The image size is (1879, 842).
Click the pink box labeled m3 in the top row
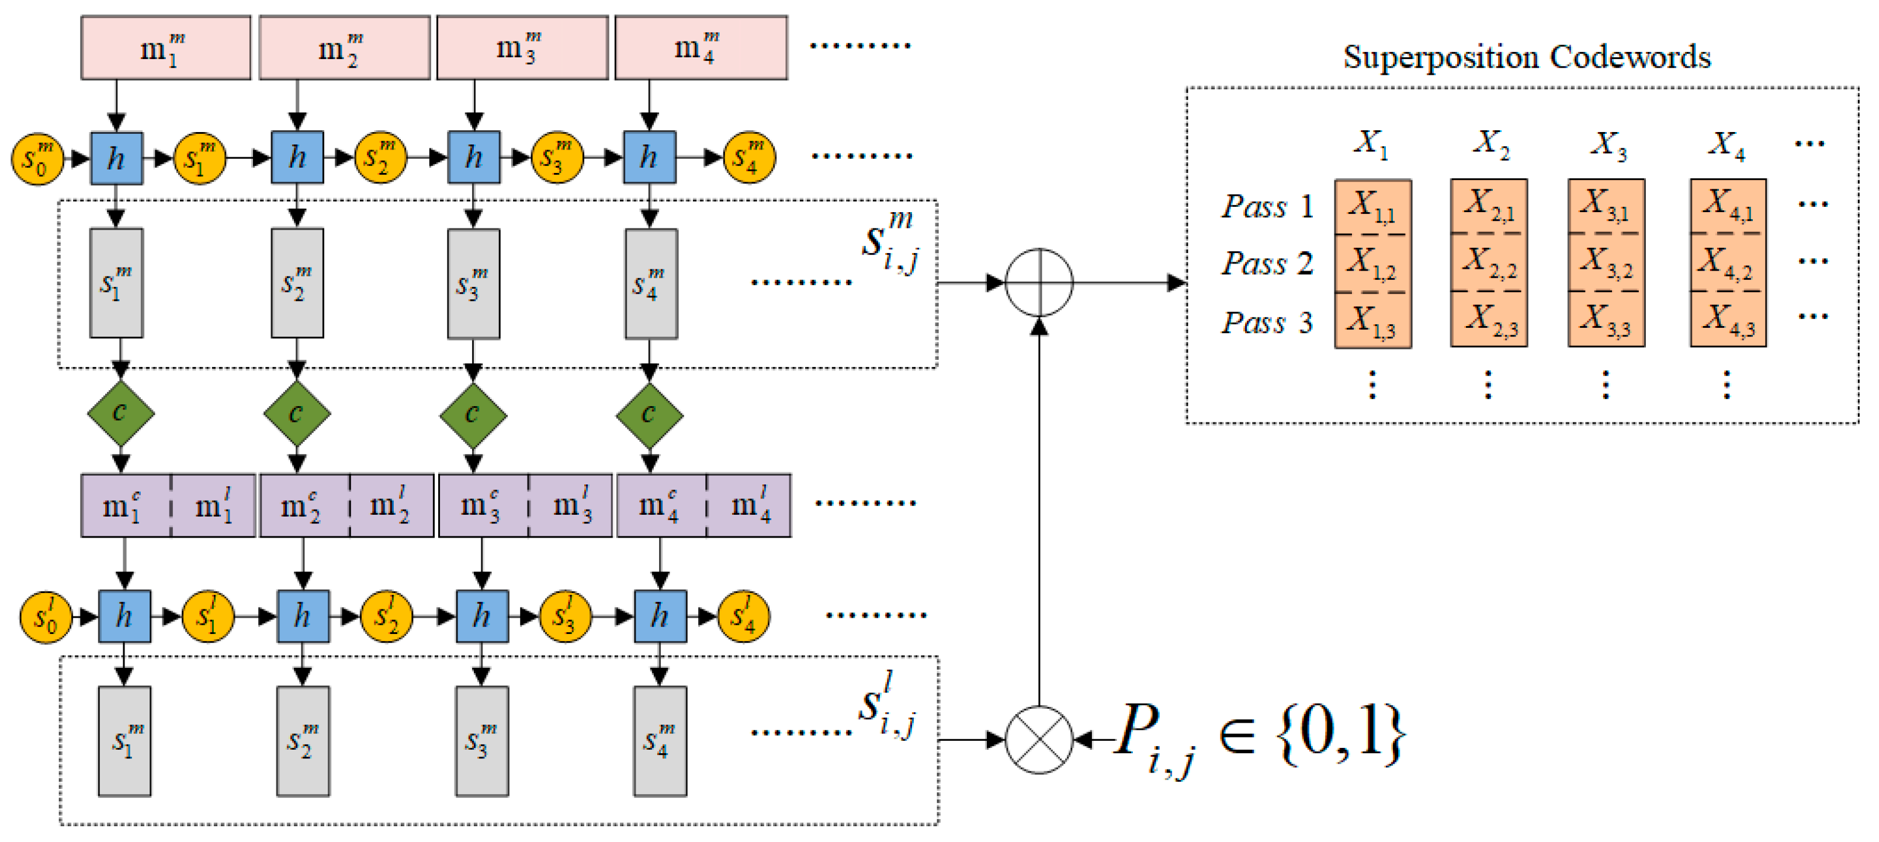coord(522,48)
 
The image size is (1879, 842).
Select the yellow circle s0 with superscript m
coord(36,158)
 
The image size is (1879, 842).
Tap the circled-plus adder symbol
coord(1039,282)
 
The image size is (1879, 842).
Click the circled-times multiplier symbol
coord(1039,740)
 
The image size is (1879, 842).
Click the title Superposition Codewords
coord(1526,57)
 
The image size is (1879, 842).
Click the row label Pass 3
coord(1267,323)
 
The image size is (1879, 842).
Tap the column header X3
coord(1608,144)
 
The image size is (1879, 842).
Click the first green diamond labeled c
coord(120,414)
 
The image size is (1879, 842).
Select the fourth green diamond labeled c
coord(649,414)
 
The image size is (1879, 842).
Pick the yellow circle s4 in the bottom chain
coord(743,616)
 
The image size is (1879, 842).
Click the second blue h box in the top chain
coord(297,158)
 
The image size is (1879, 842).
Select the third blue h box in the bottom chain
coord(481,616)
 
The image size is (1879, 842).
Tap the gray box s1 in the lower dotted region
coord(124,740)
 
